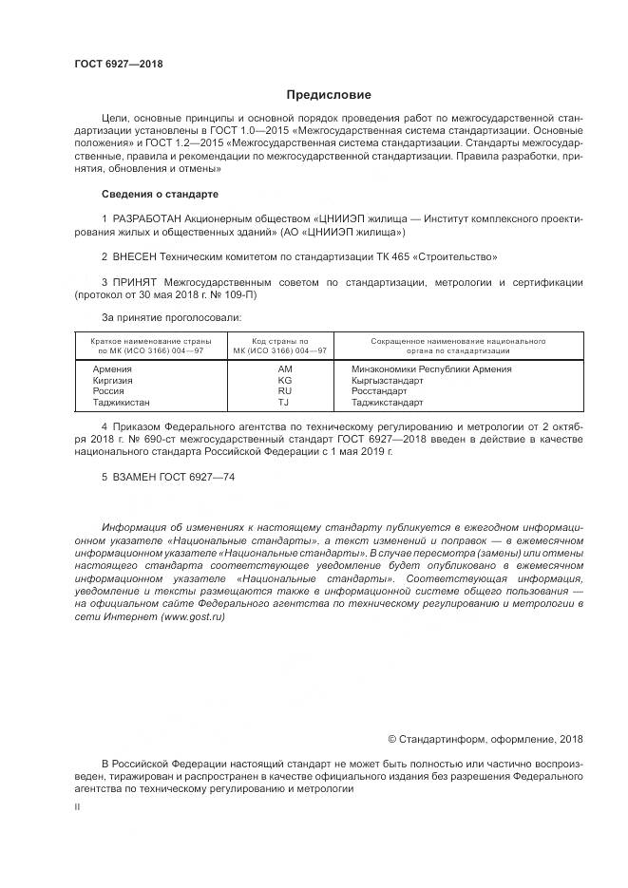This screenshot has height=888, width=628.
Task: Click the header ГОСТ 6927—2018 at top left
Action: tap(118, 64)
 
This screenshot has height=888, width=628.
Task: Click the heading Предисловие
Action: tap(329, 95)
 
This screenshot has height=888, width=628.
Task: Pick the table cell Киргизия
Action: tap(112, 379)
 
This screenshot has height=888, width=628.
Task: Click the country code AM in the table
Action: tap(284, 368)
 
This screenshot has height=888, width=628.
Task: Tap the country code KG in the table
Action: tap(284, 379)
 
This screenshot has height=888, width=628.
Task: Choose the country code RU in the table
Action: tap(284, 390)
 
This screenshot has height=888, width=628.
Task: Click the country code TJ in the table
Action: tap(284, 402)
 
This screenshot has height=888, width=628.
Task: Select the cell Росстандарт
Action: tap(378, 390)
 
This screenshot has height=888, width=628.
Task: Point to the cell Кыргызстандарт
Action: tap(387, 379)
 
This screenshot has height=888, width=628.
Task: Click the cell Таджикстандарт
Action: tap(387, 402)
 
